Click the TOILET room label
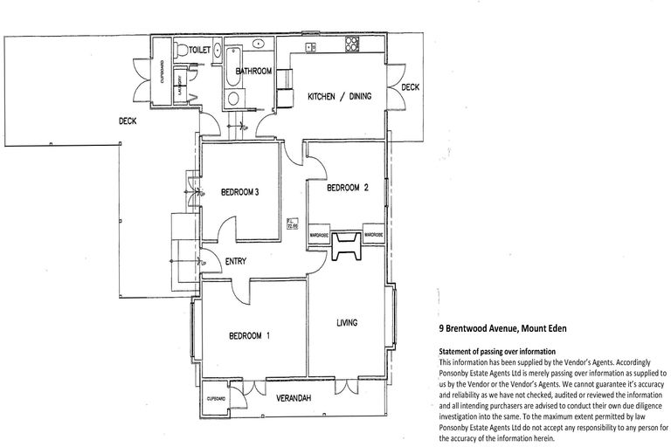[201, 52]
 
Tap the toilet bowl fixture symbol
[182, 50]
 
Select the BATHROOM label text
[254, 72]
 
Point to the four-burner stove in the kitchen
[352, 44]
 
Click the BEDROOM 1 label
[249, 335]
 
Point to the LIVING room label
[348, 322]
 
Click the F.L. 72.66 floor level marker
[293, 223]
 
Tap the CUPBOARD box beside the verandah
[217, 397]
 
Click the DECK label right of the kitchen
[410, 87]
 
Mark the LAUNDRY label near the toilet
[180, 89]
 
